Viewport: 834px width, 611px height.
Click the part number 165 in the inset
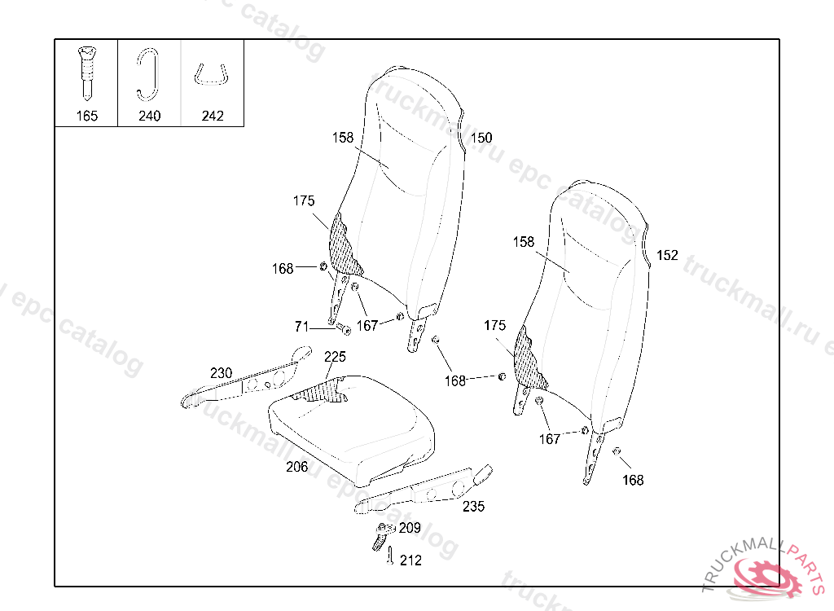[86, 116]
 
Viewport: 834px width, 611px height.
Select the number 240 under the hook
[149, 116]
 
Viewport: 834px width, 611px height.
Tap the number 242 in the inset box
[212, 116]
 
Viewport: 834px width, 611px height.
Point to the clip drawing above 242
[211, 73]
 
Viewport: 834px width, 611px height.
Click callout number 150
[481, 138]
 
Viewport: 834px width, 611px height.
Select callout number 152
[667, 256]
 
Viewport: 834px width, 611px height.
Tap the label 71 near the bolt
[302, 327]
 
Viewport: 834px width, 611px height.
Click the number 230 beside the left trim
[221, 373]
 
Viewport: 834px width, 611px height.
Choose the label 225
[335, 357]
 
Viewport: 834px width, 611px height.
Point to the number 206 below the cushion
[296, 467]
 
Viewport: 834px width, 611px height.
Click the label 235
[473, 506]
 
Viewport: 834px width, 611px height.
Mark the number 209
[410, 529]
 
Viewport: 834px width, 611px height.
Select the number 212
[411, 560]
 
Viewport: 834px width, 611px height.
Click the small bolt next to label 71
[342, 330]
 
